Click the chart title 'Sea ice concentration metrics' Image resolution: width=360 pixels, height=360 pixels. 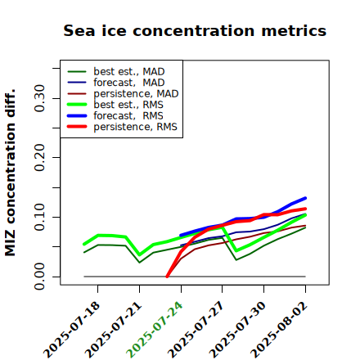tap(195, 30)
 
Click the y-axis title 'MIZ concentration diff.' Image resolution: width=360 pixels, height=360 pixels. tap(10, 173)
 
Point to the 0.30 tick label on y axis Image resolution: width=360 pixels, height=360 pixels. tap(39, 98)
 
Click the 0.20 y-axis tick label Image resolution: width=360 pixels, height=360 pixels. tap(39, 157)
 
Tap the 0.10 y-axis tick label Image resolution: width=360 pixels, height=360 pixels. tap(39, 217)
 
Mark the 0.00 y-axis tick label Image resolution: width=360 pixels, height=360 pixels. tap(39, 277)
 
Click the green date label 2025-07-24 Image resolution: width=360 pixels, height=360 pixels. tap(155, 330)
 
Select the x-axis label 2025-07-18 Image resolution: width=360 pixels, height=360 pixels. tap(71, 330)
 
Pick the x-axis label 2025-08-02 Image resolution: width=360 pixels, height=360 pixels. tap(279, 330)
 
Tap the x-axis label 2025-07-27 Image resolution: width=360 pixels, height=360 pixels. tap(196, 330)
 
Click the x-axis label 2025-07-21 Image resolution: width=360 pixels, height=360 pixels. tap(113, 330)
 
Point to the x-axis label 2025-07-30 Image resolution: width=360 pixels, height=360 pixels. tap(237, 330)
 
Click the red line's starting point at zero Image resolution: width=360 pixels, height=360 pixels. tap(167, 277)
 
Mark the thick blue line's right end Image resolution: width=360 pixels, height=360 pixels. tap(305, 198)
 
